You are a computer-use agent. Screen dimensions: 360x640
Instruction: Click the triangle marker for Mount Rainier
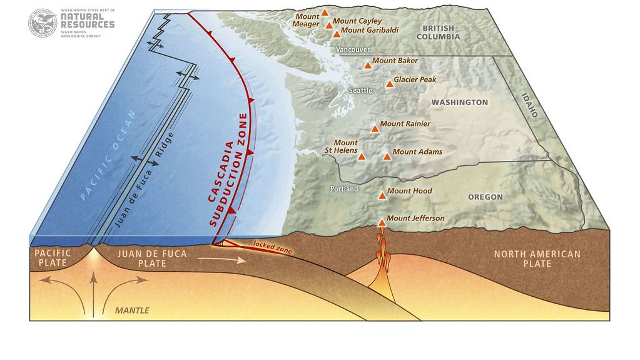[x=375, y=128]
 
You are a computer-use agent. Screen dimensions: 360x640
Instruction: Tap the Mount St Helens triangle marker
[x=362, y=157]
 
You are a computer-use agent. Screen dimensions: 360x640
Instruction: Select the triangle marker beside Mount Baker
[x=368, y=64]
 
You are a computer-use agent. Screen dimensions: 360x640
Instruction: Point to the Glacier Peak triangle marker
[x=389, y=83]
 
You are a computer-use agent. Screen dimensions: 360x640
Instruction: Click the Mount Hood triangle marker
[x=382, y=195]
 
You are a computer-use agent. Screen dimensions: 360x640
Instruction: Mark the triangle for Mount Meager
[x=325, y=13]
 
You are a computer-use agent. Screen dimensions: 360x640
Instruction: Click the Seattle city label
[x=360, y=90]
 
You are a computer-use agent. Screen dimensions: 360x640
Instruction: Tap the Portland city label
[x=343, y=188]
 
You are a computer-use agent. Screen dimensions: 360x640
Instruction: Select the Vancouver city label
[x=353, y=49]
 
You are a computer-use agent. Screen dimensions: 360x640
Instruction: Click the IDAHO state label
[x=529, y=103]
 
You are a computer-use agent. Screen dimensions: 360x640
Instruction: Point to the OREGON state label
[x=485, y=197]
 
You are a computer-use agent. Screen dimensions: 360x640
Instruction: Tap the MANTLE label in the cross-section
[x=132, y=310]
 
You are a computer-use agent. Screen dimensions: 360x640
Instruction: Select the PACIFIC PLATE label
[x=53, y=258]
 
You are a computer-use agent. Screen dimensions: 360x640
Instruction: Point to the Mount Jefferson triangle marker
[x=382, y=223]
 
